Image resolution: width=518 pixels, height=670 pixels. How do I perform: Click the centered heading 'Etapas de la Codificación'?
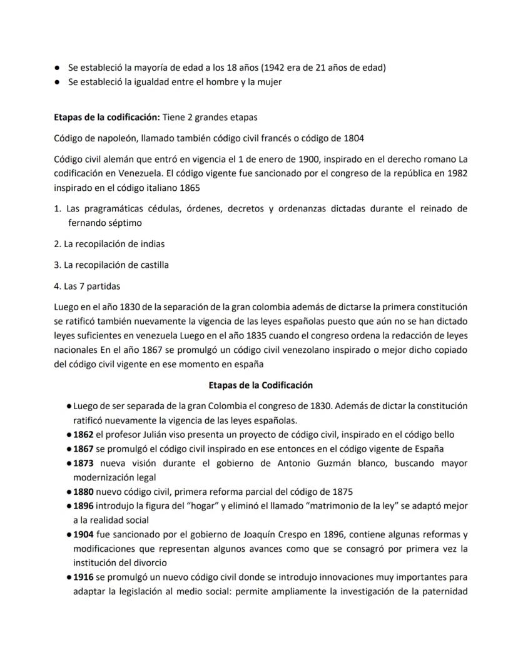tap(260, 385)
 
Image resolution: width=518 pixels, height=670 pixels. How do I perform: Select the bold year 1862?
tap(83, 435)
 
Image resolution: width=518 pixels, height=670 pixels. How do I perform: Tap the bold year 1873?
tap(83, 464)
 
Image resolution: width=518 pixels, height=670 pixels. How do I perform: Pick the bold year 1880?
tap(83, 492)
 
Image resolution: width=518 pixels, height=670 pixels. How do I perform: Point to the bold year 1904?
tap(83, 535)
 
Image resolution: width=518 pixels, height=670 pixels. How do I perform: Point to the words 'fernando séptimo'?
tap(105, 223)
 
